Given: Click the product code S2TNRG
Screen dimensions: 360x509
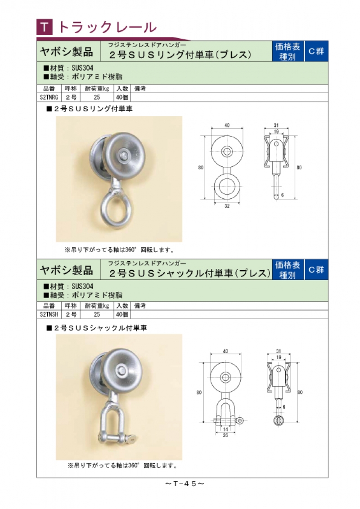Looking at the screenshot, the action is coord(49,97).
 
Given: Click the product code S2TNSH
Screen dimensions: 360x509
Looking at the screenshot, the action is coord(49,314).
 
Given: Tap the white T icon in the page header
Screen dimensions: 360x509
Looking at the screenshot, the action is coord(45,27).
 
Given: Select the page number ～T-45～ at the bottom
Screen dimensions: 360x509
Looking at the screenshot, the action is coord(184,484).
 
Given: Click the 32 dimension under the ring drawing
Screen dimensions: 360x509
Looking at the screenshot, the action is coord(227,206).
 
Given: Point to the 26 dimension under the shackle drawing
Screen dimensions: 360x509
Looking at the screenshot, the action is coord(225,435).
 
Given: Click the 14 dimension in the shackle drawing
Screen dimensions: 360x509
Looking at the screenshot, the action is coord(225,429).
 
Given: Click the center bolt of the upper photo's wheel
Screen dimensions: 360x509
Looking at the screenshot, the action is coord(123,155).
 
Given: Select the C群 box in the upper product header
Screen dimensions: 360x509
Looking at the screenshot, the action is coord(316,51).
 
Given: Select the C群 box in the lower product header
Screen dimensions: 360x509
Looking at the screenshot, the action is coord(316,269).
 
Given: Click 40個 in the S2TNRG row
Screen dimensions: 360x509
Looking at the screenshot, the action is coord(122,97).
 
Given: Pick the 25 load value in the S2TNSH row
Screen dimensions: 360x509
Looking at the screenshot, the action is coord(97,314).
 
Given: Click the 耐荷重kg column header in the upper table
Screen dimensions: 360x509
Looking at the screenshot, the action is coord(97,89).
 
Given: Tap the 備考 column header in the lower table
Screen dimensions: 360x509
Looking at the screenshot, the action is coord(140,306).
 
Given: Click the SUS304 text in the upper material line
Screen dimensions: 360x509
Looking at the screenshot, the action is coord(82,68).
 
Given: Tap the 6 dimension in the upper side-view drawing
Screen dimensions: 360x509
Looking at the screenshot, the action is coord(282,195).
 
